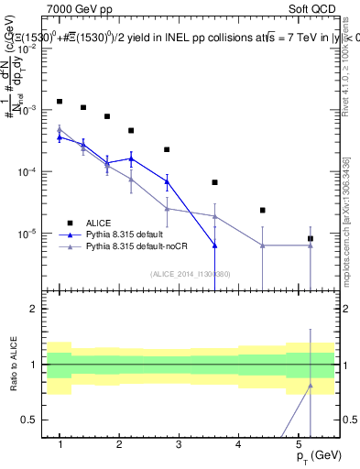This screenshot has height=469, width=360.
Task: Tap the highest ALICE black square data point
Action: pos(60,102)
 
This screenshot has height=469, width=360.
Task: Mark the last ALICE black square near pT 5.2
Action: pos(311,238)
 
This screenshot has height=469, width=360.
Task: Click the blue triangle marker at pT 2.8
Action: pos(168,181)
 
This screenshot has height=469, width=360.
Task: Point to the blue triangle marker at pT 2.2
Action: pos(131,158)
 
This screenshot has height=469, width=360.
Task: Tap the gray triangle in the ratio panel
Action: pos(311,386)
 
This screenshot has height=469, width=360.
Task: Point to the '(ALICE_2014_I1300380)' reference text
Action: pos(190,273)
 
